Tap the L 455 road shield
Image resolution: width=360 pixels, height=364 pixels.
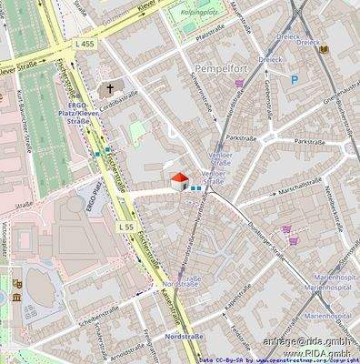[85, 43]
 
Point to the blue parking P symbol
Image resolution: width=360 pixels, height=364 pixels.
[293, 80]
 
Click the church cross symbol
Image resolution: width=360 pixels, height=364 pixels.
[111, 89]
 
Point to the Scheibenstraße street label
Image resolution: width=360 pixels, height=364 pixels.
[99, 315]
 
